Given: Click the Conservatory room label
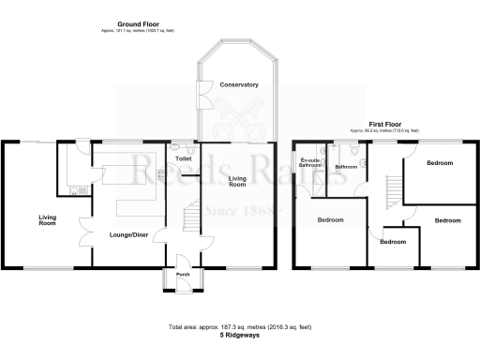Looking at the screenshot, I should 238,84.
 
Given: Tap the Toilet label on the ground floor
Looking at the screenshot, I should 183,159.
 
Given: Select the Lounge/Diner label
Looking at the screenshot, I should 127,233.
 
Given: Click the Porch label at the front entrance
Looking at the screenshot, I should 184,275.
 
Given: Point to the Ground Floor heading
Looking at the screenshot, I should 136,22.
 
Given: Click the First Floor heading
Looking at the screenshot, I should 384,124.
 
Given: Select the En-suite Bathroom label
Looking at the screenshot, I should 308,164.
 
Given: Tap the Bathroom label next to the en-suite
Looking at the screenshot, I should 347,167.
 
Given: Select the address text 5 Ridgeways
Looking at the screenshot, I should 239,335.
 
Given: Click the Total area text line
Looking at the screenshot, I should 239,326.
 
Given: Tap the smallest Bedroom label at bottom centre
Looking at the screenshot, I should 393,241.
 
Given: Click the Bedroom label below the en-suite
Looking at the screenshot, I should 329,220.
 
